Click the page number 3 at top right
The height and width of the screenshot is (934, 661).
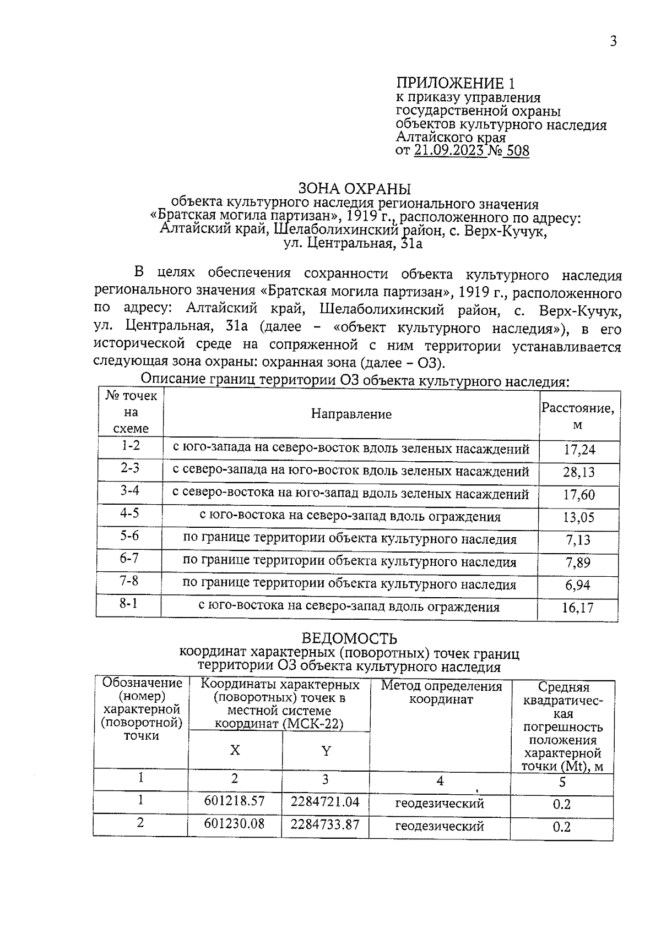(x=613, y=41)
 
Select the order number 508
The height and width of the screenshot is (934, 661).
(x=517, y=150)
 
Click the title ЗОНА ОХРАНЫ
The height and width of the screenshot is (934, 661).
(x=355, y=189)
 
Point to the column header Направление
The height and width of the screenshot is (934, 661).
(x=351, y=414)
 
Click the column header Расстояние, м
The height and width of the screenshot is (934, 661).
(x=577, y=416)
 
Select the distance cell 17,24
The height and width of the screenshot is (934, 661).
(x=579, y=450)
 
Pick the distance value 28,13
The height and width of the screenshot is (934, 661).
(x=579, y=472)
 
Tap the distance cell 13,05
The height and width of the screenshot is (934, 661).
(x=578, y=517)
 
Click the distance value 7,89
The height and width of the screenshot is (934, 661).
(x=578, y=562)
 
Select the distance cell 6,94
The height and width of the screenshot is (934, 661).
(x=578, y=585)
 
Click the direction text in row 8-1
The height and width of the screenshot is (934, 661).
(x=349, y=607)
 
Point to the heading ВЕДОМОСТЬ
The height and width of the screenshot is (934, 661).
(x=349, y=638)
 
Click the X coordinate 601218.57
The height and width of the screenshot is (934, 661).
(x=234, y=801)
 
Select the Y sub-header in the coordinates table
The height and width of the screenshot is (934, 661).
(x=326, y=751)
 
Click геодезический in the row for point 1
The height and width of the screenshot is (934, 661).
(x=439, y=804)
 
